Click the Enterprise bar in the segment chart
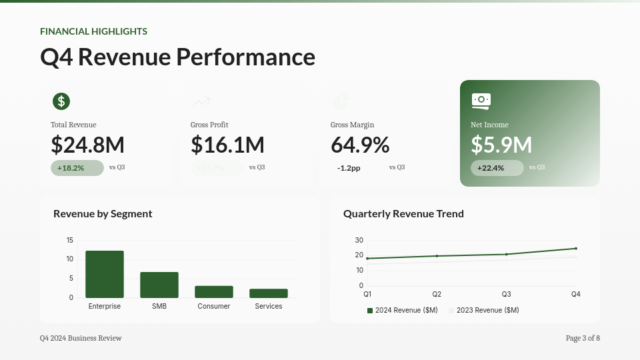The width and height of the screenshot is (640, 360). point(105,274)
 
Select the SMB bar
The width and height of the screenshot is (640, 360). point(159,285)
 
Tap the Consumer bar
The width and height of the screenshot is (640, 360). point(214,291)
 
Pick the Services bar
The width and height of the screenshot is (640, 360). point(269,293)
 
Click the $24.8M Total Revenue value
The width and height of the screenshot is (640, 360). point(87,145)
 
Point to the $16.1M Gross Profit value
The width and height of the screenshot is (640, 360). point(227,145)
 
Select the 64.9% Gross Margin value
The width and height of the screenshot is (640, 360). point(360,145)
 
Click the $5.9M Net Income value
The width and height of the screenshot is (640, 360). point(501,145)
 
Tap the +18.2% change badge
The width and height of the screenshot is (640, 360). point(77,168)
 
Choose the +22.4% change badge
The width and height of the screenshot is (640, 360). point(497,168)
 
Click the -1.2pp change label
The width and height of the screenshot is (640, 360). point(349,168)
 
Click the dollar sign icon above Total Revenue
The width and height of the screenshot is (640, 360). point(61,101)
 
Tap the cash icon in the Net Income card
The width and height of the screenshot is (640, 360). point(481,101)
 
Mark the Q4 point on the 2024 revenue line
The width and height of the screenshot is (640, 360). point(576,249)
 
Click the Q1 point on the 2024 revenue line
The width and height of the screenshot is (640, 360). point(367,259)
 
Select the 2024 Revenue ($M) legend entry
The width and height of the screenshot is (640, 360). point(403,310)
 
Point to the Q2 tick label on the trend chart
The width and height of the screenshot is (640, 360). point(437,294)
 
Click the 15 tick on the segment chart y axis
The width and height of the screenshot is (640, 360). point(70,240)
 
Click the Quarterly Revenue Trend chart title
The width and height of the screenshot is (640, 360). point(403,214)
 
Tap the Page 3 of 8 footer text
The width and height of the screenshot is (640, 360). point(583,338)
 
